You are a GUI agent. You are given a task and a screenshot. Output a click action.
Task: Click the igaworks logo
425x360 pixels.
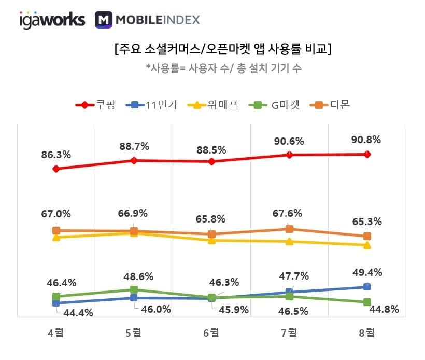point(52,20)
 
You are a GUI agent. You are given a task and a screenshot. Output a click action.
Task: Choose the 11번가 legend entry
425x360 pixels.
point(153,105)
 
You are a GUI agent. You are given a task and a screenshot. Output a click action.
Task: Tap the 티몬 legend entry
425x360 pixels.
point(331,105)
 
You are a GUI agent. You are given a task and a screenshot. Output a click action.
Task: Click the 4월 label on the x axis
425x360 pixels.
point(56,333)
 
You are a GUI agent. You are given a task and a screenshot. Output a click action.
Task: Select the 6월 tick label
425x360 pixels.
point(211,333)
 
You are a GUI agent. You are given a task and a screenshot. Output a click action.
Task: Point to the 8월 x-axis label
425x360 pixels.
point(367,333)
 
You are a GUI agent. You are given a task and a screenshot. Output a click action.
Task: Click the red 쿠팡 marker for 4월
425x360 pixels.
point(56,169)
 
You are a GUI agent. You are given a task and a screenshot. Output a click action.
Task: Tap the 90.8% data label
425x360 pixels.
point(366,140)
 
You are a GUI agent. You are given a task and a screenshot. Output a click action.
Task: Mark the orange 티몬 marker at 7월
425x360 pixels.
point(289,229)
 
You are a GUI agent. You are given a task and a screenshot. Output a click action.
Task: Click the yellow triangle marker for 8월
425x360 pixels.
point(367,245)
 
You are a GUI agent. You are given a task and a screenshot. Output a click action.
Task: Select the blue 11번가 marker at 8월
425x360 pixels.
point(367,286)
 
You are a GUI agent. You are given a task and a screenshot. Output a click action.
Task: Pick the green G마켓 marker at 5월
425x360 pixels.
point(134,289)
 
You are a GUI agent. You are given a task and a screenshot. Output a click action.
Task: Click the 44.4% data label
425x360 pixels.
point(79,313)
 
